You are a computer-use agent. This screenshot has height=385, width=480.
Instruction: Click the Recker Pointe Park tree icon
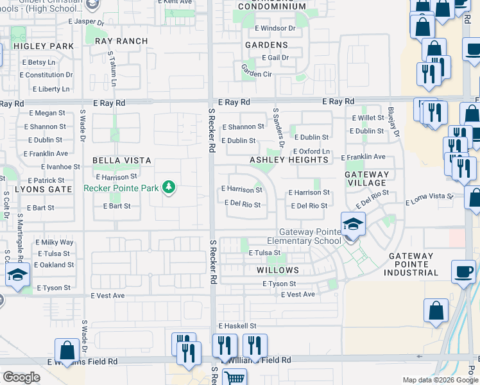tap(169, 187)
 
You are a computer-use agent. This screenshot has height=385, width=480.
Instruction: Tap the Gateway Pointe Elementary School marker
tap(352, 225)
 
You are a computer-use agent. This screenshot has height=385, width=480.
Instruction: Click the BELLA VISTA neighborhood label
tap(122, 160)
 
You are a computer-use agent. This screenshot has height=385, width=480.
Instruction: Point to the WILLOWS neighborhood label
tap(278, 270)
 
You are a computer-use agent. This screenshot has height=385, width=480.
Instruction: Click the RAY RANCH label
tap(121, 41)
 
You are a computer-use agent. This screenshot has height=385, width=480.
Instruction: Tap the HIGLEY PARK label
tap(44, 46)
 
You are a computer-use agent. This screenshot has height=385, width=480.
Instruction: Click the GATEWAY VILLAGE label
tap(367, 178)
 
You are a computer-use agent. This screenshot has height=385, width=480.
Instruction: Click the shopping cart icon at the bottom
tap(234, 377)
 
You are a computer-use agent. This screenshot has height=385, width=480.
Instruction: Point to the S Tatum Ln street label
tap(112, 69)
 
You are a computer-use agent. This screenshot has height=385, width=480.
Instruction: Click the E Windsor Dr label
tap(275, 28)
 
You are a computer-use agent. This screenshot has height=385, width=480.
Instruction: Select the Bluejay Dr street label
tap(393, 121)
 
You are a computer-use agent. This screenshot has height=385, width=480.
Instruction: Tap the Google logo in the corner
tap(21, 377)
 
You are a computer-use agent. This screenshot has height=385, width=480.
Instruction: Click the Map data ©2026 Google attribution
tap(440, 380)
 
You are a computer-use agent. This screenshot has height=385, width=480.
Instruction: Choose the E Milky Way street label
tap(55, 242)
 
